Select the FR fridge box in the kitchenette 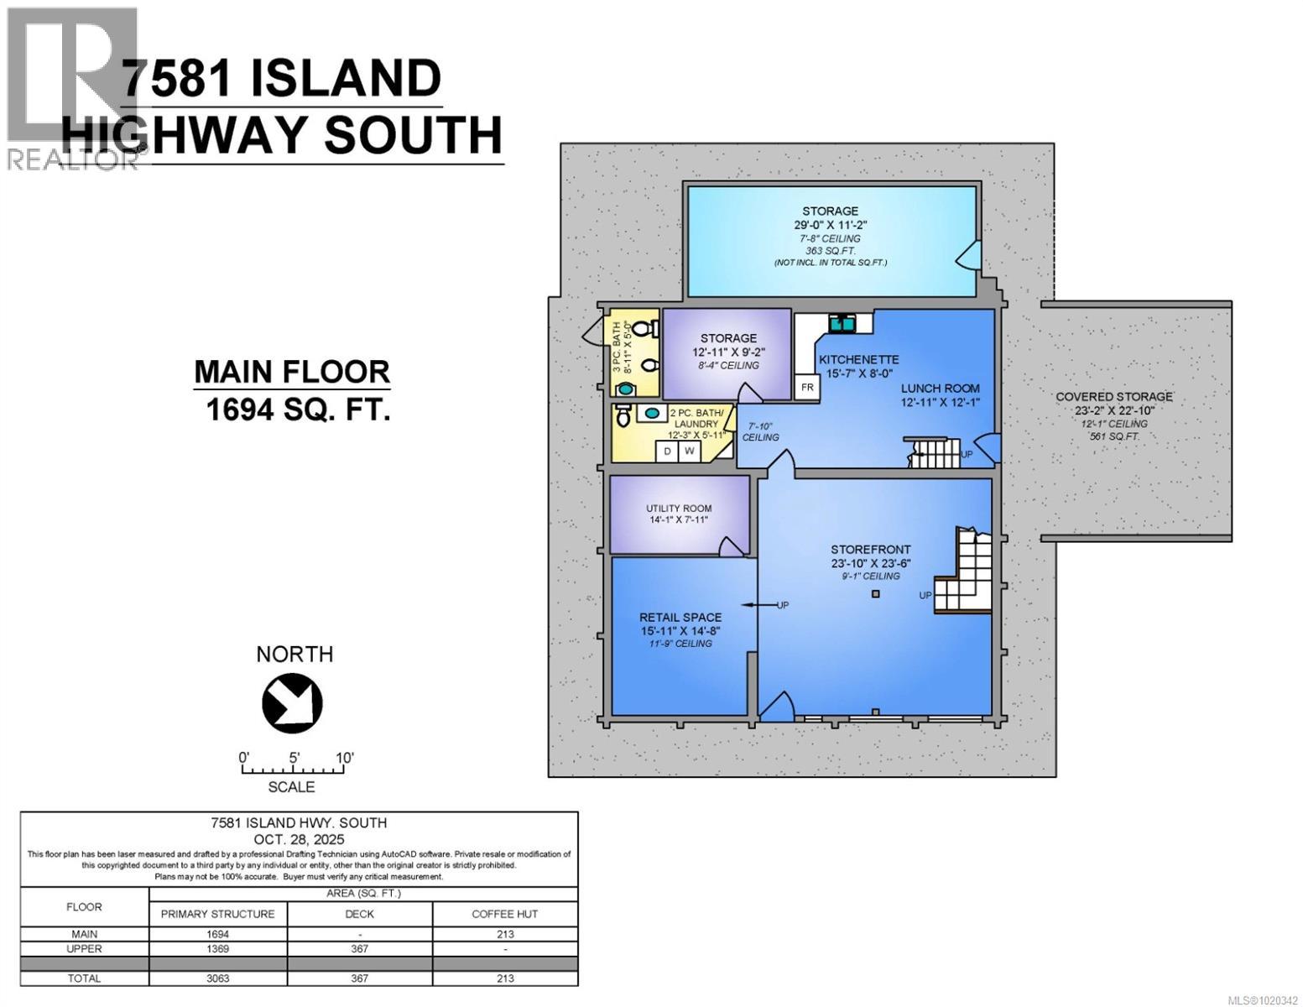tap(807, 387)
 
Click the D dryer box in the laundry tap(668, 451)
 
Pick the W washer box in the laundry tap(690, 451)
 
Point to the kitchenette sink tap(841, 321)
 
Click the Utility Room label tap(679, 514)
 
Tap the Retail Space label tap(680, 624)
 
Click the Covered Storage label tap(1113, 397)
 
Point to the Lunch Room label tap(940, 389)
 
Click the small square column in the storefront tap(876, 594)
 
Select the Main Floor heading tap(292, 372)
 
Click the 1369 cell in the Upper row tap(217, 948)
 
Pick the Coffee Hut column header tap(504, 914)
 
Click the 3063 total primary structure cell tap(217, 978)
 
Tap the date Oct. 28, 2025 tap(299, 839)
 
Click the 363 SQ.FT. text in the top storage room tap(830, 251)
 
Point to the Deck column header tap(359, 914)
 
